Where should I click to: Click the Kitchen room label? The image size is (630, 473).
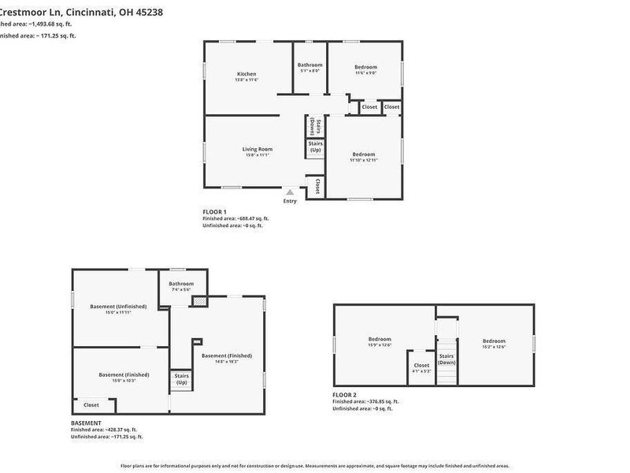coord(246,74)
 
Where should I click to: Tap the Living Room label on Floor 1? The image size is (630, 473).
coord(257,149)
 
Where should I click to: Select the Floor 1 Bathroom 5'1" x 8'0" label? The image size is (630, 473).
coord(309,65)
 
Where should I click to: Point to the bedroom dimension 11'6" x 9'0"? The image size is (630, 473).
coord(365,73)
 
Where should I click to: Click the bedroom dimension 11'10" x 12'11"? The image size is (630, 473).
coord(364,160)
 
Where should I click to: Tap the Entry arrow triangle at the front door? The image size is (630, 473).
coord(290,192)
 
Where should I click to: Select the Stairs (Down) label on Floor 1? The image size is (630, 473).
coord(313,126)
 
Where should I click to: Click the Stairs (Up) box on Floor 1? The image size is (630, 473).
coord(315,147)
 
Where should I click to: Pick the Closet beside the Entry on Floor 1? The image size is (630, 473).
coord(316,186)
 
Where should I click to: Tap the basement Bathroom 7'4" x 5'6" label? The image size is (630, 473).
coord(181,284)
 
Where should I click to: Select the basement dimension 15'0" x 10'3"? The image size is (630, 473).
coord(124,381)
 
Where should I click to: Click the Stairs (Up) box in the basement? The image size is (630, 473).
coord(181,380)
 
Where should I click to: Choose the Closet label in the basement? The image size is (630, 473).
coord(91,405)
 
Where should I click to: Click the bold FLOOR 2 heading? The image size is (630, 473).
coord(344,394)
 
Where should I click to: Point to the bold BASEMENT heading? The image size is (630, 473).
coord(86,423)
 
